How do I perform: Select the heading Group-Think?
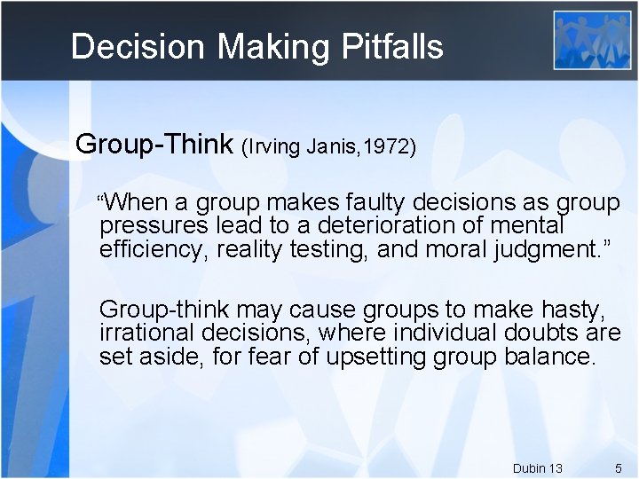click(x=154, y=144)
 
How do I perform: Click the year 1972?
click(x=388, y=146)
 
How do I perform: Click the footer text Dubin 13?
click(x=537, y=467)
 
